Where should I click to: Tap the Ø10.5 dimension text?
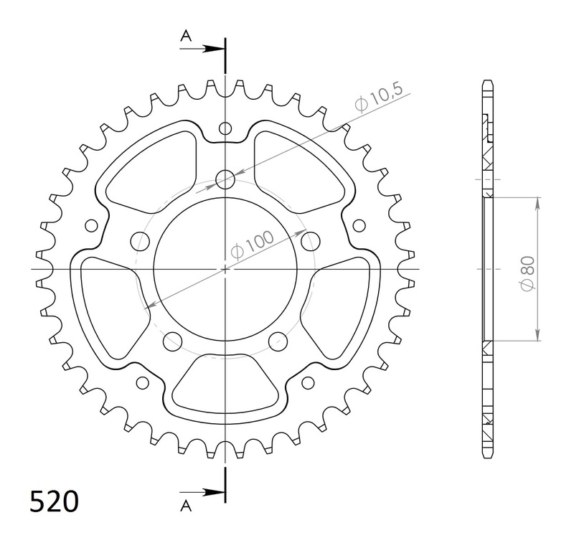380,98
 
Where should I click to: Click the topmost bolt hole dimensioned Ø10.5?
225,179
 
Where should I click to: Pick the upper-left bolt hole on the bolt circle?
136,239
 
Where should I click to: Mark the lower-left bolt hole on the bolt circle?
171,340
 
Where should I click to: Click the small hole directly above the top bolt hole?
225,129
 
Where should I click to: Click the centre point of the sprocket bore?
225,269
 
